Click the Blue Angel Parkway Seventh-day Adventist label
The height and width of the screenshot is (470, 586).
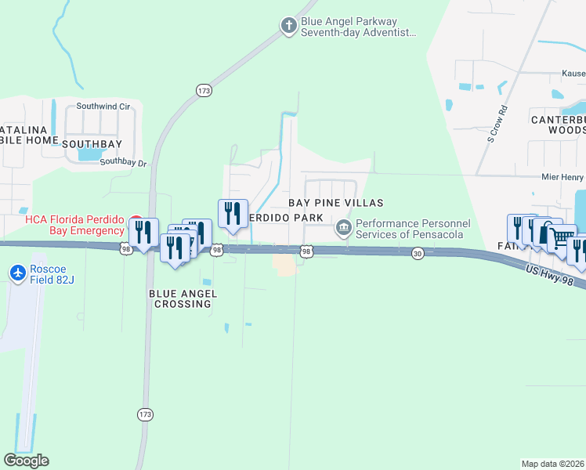pyautogui.click(x=359, y=27)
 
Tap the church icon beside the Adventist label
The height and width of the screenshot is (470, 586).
pyautogui.click(x=288, y=27)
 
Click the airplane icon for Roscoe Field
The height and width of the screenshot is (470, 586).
pyautogui.click(x=17, y=273)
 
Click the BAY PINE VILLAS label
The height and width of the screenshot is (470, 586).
pyautogui.click(x=335, y=203)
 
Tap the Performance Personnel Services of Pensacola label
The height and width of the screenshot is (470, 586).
pyautogui.click(x=412, y=229)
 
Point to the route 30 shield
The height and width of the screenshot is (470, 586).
pyautogui.click(x=418, y=253)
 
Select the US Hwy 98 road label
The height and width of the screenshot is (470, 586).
pyautogui.click(x=555, y=277)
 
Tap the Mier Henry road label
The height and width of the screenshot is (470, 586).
pyautogui.click(x=562, y=178)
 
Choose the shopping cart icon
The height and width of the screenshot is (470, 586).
pyautogui.click(x=561, y=238)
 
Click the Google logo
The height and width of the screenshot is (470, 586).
pyautogui.click(x=26, y=460)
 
